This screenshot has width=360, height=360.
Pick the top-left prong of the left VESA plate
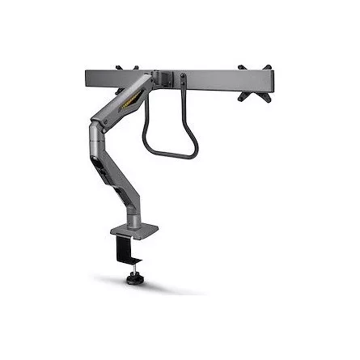pyautogui.click(x=119, y=67)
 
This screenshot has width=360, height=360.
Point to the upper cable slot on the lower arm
pyautogui.click(x=100, y=157)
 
